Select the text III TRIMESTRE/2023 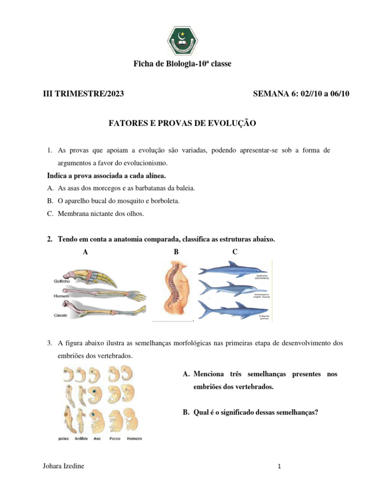click(x=83, y=94)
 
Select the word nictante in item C click(x=99, y=214)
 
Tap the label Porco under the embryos click(x=115, y=438)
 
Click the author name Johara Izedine click(x=63, y=466)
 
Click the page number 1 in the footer click(x=280, y=467)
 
